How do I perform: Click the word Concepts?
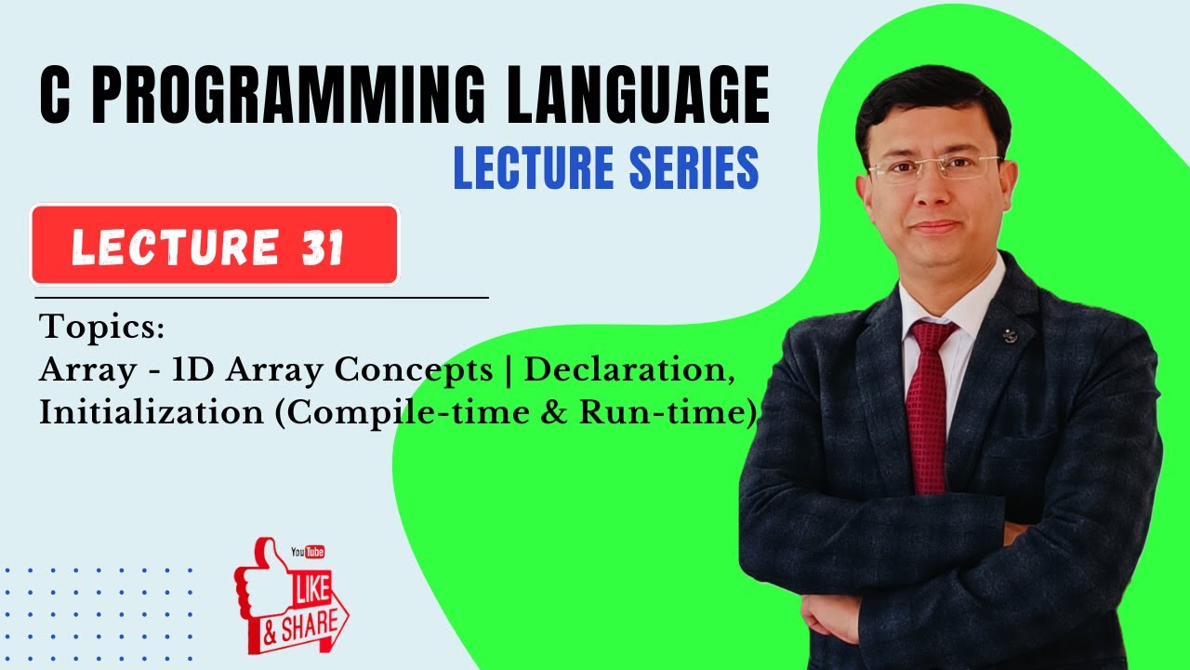point(414,371)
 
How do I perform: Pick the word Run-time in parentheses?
point(664,412)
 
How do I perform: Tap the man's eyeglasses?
point(933,168)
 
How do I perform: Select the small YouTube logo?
point(308,552)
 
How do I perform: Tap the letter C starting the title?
point(56,97)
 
